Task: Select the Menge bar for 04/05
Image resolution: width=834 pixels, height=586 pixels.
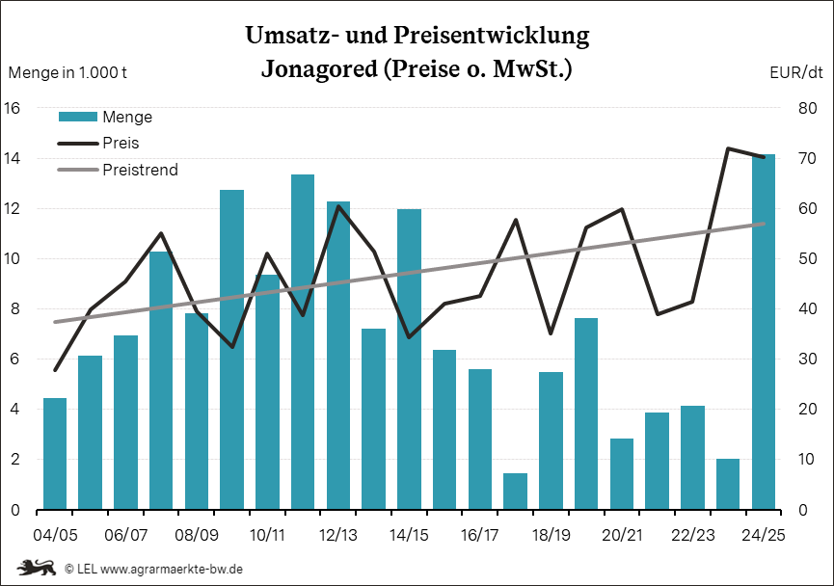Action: tap(55, 454)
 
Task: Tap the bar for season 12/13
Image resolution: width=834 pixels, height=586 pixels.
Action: tap(338, 356)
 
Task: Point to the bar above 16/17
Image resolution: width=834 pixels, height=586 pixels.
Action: tap(480, 439)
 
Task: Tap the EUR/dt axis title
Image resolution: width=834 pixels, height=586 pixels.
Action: tap(796, 72)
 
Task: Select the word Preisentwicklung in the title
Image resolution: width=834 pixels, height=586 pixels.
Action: tap(491, 37)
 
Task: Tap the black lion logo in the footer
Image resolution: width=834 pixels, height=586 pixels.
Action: tap(36, 568)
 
